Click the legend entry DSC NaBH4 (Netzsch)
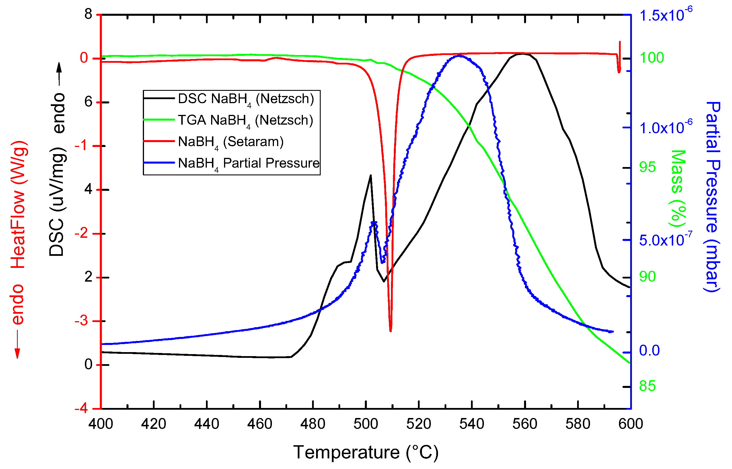point(246,99)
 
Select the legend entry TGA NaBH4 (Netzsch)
point(245,120)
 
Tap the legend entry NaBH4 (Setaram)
point(231,142)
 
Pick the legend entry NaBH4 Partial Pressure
point(248,163)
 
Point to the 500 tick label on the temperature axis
point(365,424)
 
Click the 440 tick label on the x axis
point(207,424)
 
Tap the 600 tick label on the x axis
point(630,424)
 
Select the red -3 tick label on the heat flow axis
point(81,321)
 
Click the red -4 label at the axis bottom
point(81,408)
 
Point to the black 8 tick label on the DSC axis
point(88,14)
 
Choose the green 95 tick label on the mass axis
point(647,167)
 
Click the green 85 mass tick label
point(647,386)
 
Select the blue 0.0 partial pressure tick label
point(649,350)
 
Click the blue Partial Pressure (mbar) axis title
point(713,197)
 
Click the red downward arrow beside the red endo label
point(17,344)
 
